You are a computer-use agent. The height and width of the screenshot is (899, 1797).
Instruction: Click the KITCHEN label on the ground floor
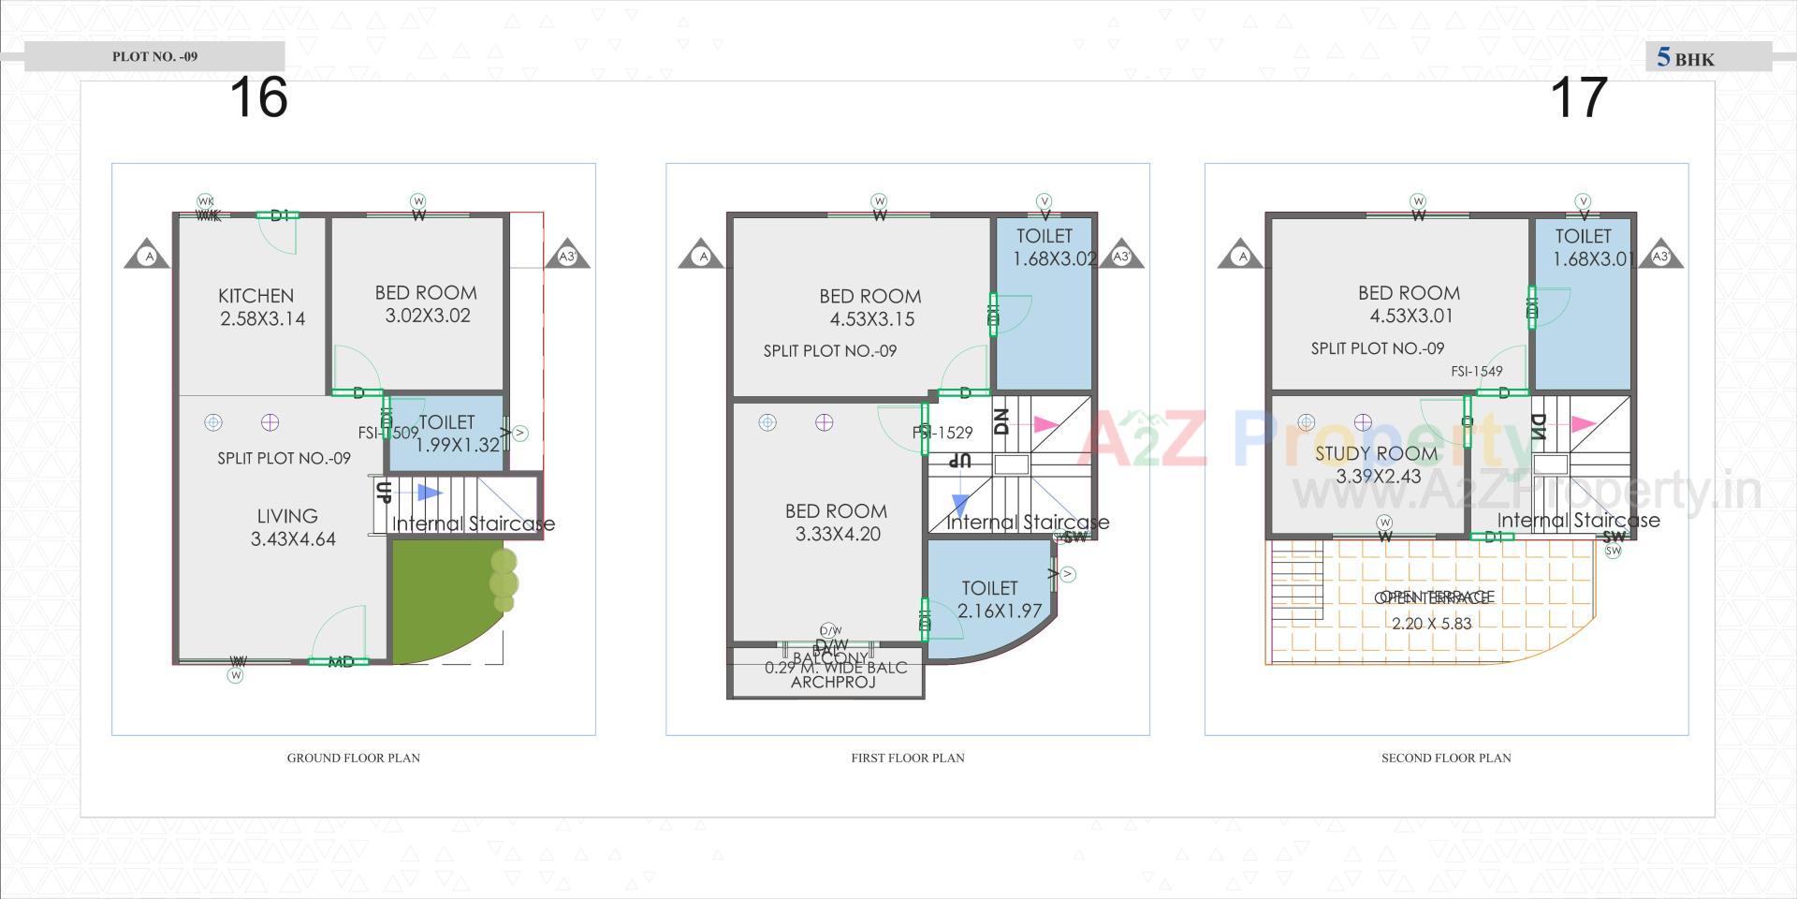[x=256, y=296]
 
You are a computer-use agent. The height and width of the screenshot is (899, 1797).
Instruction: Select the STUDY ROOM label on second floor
[x=1376, y=454]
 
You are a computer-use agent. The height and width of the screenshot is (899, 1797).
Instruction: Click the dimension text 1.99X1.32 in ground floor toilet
[x=458, y=446]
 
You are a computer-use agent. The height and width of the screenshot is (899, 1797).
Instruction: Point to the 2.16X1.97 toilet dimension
[x=1000, y=612]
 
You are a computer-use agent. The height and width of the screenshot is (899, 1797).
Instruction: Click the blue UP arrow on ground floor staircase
[x=430, y=493]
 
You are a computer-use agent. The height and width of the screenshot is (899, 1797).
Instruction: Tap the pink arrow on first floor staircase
[x=1045, y=424]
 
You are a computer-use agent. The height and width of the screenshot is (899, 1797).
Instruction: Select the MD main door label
[x=341, y=662]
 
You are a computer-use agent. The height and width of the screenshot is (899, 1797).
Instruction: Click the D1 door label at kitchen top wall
[x=279, y=216]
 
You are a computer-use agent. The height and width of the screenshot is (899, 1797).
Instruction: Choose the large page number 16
[x=258, y=97]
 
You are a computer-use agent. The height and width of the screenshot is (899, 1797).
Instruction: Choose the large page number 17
[x=1579, y=97]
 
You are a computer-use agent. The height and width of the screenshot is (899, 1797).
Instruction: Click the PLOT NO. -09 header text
[x=155, y=56]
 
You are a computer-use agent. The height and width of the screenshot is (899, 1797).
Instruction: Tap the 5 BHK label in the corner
[x=1686, y=58]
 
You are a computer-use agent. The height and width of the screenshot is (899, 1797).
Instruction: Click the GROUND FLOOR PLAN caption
[x=353, y=758]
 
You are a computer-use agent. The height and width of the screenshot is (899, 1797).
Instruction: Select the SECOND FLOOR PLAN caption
[x=1446, y=758]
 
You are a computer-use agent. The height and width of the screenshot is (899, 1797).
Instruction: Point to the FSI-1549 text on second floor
[x=1477, y=372]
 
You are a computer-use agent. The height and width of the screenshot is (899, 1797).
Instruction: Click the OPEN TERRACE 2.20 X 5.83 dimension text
[x=1432, y=624]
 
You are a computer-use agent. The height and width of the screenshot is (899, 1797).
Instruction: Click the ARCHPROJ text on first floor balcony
[x=833, y=683]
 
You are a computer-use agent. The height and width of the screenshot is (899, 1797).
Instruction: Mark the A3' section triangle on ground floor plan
[x=567, y=256]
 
